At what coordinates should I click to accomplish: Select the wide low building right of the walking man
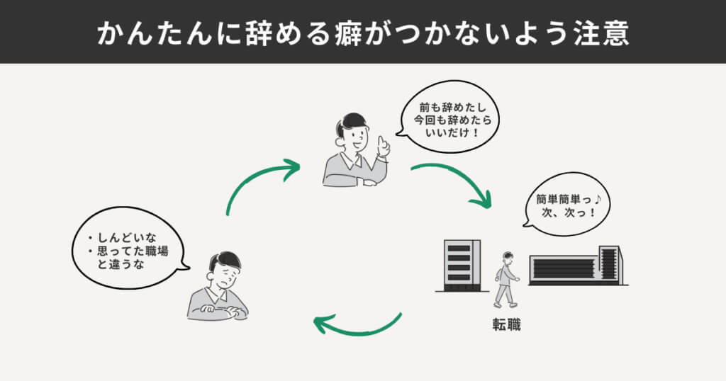click(576, 266)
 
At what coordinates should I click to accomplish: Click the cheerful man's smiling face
click(355, 135)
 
